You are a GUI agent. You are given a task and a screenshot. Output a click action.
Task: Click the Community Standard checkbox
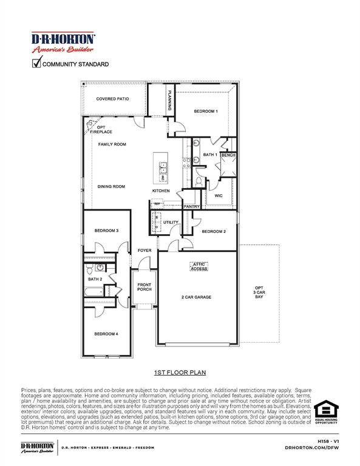point(36,63)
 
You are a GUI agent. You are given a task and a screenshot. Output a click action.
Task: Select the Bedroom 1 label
point(205,111)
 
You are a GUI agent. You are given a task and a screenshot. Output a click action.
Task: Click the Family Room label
point(112,144)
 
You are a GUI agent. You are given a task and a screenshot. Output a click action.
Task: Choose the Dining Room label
point(111,186)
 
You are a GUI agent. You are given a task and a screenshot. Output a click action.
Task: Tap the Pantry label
point(192,206)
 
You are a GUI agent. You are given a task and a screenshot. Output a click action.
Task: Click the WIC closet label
point(219,195)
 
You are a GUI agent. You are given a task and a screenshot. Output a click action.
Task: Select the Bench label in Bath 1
point(228,155)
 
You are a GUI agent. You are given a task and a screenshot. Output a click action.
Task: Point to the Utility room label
point(171,222)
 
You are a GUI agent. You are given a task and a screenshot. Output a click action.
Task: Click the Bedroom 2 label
point(214,231)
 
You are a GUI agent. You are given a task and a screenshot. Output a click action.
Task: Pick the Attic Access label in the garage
point(199,266)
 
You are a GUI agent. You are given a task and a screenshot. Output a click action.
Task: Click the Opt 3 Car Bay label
point(259,292)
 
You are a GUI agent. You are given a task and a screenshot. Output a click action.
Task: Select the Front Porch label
point(144,287)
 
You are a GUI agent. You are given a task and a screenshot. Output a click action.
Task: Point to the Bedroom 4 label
point(106,334)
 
